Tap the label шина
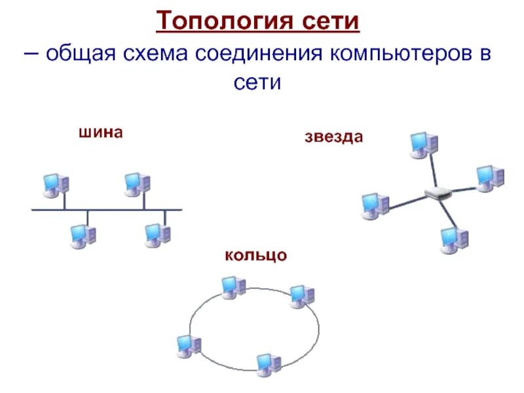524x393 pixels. (x=101, y=132)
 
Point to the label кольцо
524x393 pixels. (x=255, y=254)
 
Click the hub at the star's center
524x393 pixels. (x=435, y=193)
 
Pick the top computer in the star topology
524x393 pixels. (x=423, y=145)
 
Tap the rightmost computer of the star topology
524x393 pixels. (x=489, y=178)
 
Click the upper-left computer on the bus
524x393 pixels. (x=55, y=185)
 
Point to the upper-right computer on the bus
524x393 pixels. (x=137, y=185)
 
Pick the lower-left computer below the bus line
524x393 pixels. (x=83, y=236)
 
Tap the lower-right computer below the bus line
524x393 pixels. (x=157, y=235)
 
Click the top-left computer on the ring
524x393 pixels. (x=233, y=287)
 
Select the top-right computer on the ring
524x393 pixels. (x=301, y=296)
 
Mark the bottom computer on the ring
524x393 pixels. (x=268, y=364)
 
